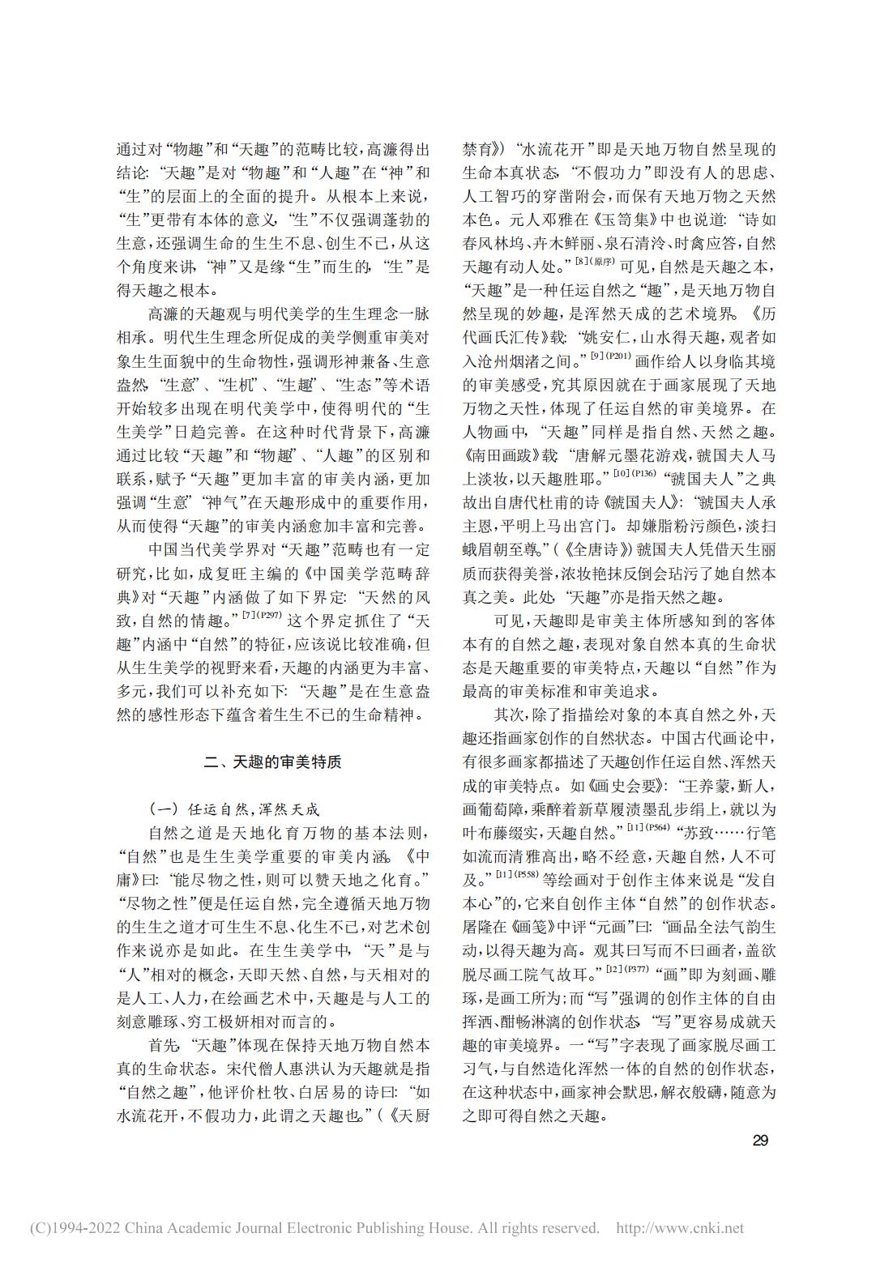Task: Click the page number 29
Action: [x=760, y=1141]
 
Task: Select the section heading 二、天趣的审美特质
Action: [x=272, y=762]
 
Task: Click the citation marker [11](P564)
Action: [x=648, y=826]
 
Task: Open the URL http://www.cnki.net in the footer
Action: [x=680, y=1228]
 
